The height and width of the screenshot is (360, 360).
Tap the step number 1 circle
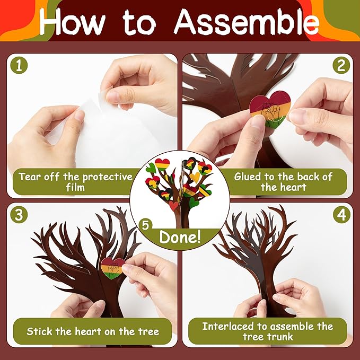click(x=20, y=66)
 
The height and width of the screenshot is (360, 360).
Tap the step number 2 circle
click(x=340, y=66)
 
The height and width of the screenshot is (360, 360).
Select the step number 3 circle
click(x=20, y=215)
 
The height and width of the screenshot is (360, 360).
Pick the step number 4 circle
click(x=340, y=215)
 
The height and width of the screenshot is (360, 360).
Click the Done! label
click(x=180, y=235)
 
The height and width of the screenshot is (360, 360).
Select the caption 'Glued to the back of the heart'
click(x=283, y=182)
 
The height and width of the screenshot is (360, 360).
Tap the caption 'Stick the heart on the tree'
click(x=93, y=331)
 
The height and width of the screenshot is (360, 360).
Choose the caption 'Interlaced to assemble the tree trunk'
click(x=267, y=331)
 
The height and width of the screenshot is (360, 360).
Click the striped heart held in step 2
click(x=270, y=109)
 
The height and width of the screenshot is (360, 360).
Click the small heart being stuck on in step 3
click(x=112, y=267)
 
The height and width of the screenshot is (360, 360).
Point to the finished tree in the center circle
click(x=180, y=188)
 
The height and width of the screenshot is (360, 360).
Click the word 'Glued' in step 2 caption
click(x=249, y=177)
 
